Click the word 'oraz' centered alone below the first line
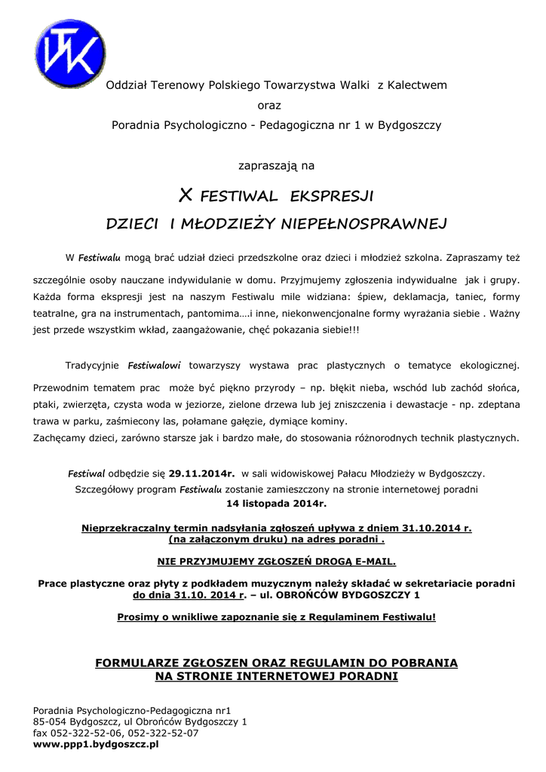click(x=269, y=105)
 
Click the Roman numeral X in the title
click(x=185, y=198)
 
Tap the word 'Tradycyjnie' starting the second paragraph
click(x=92, y=366)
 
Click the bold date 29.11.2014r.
click(x=201, y=474)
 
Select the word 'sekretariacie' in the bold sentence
click(x=425, y=584)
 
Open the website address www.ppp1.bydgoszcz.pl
click(x=96, y=743)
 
